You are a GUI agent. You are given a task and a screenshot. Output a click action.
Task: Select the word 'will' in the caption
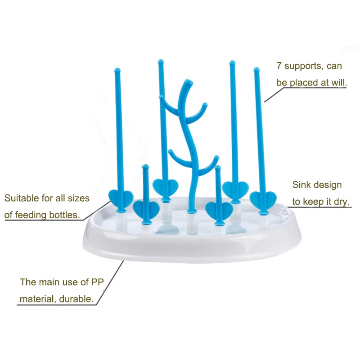[x=338, y=83]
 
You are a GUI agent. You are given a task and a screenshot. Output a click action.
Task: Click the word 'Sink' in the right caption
[x=302, y=185]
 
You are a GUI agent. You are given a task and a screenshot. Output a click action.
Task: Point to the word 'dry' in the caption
[x=341, y=202]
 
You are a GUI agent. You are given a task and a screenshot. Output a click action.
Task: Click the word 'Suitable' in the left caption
[x=21, y=198]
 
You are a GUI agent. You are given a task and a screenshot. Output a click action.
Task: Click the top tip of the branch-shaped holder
[x=187, y=82]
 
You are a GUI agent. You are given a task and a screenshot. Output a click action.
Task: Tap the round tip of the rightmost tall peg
[x=256, y=70]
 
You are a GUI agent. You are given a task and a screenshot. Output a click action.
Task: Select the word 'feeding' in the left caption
[x=36, y=215]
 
